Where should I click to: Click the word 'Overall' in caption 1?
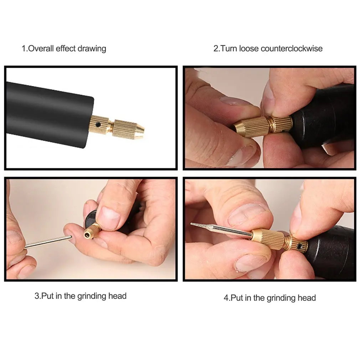41,48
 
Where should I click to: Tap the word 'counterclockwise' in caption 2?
292,48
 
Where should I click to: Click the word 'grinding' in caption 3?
92,296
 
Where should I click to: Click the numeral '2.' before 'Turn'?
217,48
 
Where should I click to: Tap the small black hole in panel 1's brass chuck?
98,125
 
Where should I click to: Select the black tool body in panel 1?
49,114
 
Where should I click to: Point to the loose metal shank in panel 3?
48,242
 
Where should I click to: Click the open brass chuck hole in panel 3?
87,235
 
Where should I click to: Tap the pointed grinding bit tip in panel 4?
191,223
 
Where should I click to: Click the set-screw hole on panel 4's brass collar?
299,246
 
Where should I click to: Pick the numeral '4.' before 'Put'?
227,298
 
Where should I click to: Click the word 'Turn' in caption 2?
229,48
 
